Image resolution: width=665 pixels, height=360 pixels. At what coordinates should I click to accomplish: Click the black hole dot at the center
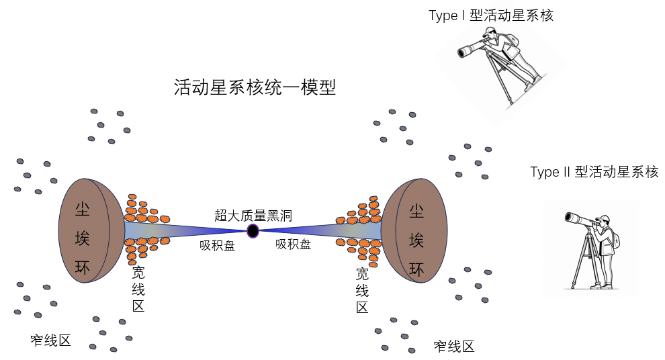[253, 231]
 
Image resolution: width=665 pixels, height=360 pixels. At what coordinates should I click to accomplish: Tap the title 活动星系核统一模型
[255, 87]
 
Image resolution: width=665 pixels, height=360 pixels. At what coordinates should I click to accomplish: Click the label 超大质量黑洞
[253, 216]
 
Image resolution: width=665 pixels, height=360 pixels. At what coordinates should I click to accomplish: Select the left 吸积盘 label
[217, 246]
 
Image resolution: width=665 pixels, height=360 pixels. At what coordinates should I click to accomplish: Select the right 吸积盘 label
[293, 244]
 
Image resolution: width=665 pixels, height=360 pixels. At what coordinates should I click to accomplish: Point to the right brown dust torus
[415, 230]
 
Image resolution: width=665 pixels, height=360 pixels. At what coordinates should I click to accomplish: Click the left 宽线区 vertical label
[138, 289]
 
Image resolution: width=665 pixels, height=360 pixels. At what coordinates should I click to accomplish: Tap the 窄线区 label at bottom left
[51, 340]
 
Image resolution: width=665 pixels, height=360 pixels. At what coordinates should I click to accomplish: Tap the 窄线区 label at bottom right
[454, 347]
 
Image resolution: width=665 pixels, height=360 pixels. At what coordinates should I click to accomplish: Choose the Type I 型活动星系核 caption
[491, 15]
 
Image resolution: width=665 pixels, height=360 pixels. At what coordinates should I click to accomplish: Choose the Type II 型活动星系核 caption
[594, 172]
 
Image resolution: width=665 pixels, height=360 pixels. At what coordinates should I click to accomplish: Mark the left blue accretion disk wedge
[181, 230]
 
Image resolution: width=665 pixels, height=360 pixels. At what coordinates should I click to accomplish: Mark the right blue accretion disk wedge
[322, 230]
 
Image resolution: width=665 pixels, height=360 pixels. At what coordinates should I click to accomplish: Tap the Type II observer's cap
[604, 218]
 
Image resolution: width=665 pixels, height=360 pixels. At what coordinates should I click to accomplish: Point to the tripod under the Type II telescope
[586, 259]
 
